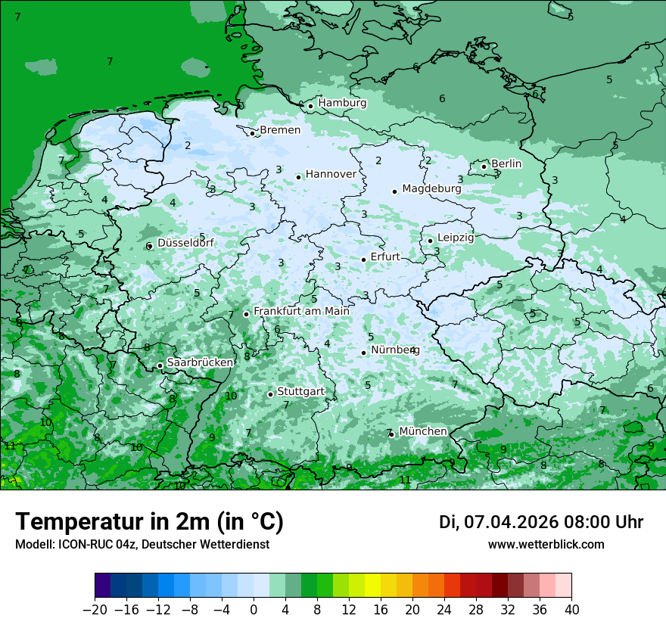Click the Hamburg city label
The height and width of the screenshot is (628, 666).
[x=342, y=103]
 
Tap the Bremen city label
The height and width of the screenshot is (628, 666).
[x=280, y=131]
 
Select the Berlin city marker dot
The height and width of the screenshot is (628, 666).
[x=484, y=166]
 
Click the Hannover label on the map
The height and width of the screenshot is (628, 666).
[x=331, y=174]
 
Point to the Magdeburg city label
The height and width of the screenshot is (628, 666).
[x=431, y=188]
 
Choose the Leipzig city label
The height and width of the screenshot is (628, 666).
[x=456, y=238]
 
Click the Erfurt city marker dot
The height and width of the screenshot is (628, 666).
[x=364, y=260]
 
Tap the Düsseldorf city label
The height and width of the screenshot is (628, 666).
[x=185, y=243]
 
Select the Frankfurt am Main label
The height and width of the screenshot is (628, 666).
[x=301, y=311]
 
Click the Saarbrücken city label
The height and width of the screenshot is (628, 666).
[x=200, y=362]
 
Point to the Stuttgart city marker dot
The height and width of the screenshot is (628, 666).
[x=270, y=394]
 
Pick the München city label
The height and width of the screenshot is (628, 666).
[x=422, y=431]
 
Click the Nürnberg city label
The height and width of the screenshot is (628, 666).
[x=394, y=350]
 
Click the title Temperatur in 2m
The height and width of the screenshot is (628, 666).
[x=149, y=522]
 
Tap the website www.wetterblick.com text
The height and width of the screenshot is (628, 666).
[x=546, y=544]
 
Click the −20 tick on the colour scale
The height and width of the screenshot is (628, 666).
[x=95, y=610]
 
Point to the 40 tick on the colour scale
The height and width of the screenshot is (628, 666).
[x=571, y=610]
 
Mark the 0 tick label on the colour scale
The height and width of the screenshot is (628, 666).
[x=254, y=610]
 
